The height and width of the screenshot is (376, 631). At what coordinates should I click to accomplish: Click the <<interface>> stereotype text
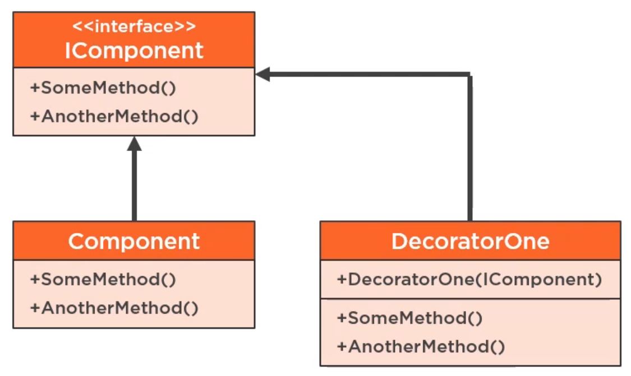(x=133, y=26)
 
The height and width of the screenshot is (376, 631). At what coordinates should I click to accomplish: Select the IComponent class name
(x=133, y=50)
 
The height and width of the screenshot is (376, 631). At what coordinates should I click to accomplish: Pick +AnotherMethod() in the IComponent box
(x=114, y=117)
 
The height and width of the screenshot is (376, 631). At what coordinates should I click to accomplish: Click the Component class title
(x=133, y=241)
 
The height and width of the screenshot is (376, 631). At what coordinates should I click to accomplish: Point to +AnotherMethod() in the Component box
(x=114, y=307)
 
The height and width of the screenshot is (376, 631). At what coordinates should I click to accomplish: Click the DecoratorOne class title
(x=470, y=241)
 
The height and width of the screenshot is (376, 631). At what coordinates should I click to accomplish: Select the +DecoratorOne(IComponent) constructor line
(x=469, y=279)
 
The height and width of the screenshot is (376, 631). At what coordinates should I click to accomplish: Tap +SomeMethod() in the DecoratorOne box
(x=409, y=318)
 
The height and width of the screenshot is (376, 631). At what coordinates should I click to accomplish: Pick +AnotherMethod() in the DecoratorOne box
(x=421, y=346)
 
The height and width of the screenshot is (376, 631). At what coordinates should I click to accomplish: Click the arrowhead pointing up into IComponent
(x=133, y=143)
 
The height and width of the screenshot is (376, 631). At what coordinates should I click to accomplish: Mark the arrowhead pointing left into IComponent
(x=262, y=74)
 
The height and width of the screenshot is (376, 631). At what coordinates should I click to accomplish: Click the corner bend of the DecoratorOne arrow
(x=469, y=74)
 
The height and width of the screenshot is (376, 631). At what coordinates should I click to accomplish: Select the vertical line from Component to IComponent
(x=133, y=185)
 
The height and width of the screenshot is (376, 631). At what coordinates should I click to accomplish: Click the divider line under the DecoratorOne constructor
(x=470, y=298)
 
